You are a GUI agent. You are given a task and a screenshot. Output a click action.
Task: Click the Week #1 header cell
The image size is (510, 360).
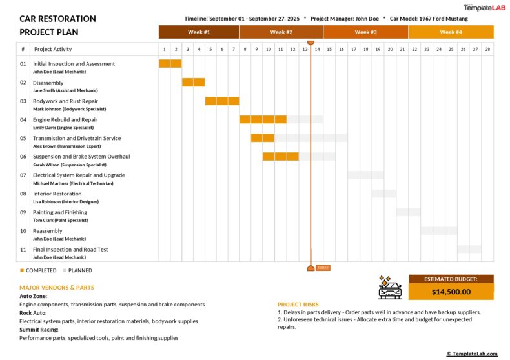point(199,32)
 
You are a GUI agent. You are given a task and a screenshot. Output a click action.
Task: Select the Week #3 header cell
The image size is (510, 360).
point(365,32)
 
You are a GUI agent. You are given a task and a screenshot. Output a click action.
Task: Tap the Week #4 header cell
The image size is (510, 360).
point(451,32)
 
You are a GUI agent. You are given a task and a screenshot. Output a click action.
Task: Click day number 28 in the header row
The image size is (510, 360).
point(487,49)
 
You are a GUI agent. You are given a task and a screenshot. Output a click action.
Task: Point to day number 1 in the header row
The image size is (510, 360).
point(165,49)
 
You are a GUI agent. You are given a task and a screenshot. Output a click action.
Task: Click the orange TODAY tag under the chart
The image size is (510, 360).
point(322,268)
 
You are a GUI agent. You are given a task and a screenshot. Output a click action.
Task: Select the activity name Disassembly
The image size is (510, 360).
point(48,83)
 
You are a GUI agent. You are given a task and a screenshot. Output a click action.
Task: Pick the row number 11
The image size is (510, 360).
point(23,250)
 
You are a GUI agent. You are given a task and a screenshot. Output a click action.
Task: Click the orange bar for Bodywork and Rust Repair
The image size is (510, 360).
point(222,101)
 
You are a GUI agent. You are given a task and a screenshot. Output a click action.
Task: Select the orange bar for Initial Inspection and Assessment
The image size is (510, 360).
point(170,63)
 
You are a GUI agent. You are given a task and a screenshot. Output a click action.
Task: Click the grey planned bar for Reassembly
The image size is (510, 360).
point(439,230)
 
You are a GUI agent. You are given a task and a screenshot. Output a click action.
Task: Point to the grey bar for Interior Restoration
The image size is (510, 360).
point(383,194)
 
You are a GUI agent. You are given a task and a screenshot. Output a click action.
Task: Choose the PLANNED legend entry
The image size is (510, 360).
point(77,270)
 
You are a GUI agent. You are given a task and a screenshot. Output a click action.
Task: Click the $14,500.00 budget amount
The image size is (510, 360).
point(451,292)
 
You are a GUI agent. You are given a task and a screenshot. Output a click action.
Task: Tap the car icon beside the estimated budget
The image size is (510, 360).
point(390,288)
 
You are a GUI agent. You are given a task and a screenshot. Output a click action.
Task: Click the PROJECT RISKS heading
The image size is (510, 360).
point(298,304)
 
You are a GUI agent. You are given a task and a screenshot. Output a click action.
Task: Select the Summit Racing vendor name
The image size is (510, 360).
point(39,330)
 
